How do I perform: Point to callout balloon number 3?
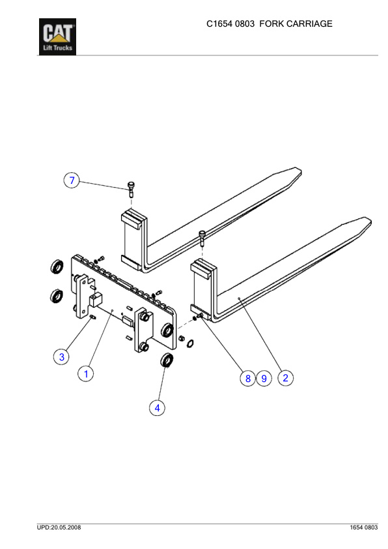tap(61, 356)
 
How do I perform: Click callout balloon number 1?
tap(86, 374)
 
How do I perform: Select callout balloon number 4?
tap(157, 408)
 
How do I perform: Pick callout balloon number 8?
tap(247, 378)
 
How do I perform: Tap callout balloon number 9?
tap(264, 378)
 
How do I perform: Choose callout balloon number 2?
tap(285, 377)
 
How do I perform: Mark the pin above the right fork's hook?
tap(202, 239)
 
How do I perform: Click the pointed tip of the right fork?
tap(369, 222)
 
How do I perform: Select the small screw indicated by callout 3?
tap(93, 318)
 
